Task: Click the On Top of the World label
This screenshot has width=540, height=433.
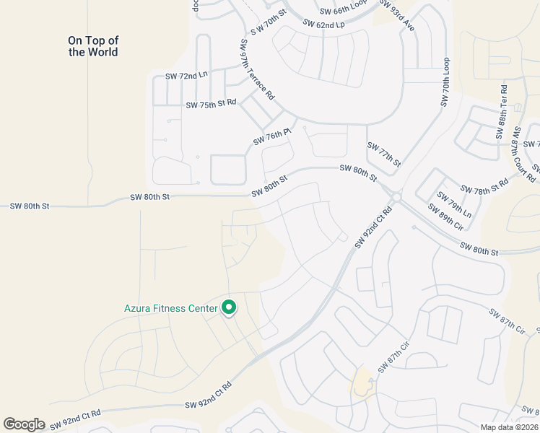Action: pos(93,46)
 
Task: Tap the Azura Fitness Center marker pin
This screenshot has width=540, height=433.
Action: pos(229,308)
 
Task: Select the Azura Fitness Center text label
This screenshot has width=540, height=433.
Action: pos(170,309)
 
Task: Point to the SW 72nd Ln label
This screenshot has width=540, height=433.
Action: pos(186,76)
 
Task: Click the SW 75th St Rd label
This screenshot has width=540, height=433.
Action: pos(211,104)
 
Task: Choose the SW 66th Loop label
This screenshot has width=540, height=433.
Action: pos(344,8)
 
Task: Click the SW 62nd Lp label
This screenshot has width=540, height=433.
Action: pos(324,24)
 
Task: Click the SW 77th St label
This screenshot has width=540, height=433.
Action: pos(383,154)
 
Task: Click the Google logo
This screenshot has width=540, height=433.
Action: pos(24,424)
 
